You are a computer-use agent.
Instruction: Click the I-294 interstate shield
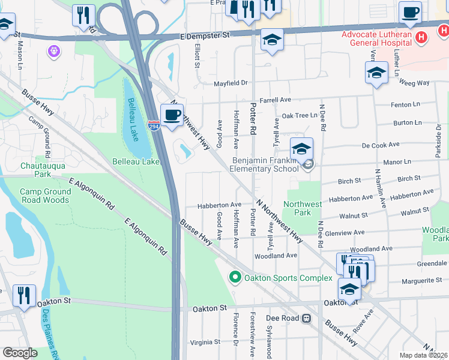(x=154, y=127)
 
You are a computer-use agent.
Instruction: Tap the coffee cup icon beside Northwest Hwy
(x=172, y=114)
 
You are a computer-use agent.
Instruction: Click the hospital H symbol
(x=422, y=37)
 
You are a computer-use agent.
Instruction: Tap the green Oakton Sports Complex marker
(x=235, y=277)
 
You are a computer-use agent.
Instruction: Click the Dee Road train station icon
(x=307, y=318)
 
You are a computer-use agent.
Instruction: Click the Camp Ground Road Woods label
(x=46, y=196)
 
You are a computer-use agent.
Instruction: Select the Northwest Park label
(x=303, y=208)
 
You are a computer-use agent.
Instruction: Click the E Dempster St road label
(x=205, y=36)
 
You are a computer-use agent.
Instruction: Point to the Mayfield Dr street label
(x=231, y=83)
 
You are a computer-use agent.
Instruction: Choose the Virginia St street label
(x=205, y=342)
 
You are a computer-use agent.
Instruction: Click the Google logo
(x=20, y=353)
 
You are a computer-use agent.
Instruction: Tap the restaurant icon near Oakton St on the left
(x=24, y=295)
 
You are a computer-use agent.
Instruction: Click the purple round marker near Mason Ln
(x=55, y=51)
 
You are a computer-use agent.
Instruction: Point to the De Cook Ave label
(x=381, y=145)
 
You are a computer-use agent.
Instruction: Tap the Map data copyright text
(x=424, y=355)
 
